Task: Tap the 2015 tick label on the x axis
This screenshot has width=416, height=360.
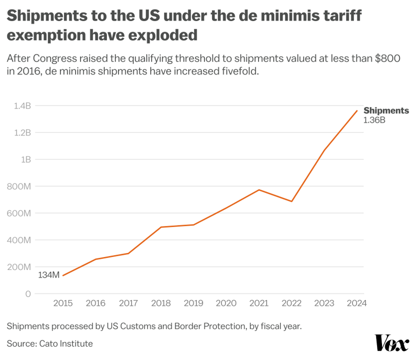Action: pos(62,303)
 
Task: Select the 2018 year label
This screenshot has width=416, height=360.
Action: pos(160,303)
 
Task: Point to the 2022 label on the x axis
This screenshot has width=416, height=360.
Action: pos(291,303)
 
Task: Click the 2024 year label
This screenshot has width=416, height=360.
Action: pos(356,303)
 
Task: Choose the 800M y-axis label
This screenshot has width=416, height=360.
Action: pos(19,186)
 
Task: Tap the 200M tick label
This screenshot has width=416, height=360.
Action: pos(19,267)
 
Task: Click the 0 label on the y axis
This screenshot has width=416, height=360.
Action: pos(28,294)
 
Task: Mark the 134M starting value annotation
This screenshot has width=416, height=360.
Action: pos(48,275)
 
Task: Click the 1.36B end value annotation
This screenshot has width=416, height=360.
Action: pos(374,120)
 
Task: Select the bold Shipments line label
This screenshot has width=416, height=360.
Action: pos(386,111)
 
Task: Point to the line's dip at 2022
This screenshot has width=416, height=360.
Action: pos(291,201)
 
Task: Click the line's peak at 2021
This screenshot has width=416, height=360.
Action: pos(259,190)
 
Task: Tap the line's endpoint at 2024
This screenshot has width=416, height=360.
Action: pos(356,111)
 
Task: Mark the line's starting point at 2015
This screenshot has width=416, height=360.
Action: pos(63,275)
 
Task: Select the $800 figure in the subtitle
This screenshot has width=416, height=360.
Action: pos(387,58)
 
